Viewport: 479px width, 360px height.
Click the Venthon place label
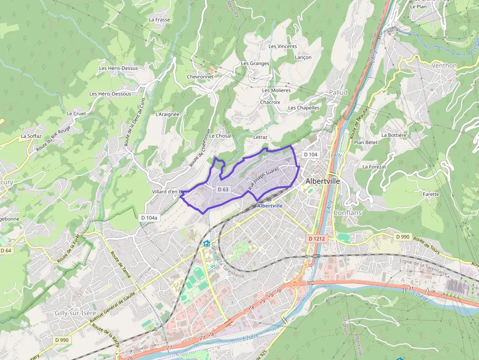(x=444, y=65)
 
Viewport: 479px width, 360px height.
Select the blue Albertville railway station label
(x=270, y=206)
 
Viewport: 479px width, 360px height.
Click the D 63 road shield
(x=223, y=189)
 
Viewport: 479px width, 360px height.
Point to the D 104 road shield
(x=310, y=154)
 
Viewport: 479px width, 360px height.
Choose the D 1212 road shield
(x=317, y=238)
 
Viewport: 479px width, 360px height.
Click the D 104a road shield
(x=149, y=217)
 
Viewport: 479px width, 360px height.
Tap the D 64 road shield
(x=5, y=251)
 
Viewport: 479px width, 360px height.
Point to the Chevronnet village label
(x=200, y=77)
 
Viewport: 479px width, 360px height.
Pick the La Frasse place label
(x=159, y=20)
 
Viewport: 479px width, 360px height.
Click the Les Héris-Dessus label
(x=118, y=68)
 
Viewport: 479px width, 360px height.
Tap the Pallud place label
(x=338, y=92)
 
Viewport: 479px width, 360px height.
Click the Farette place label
(x=431, y=194)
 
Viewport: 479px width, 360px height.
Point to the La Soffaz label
(x=31, y=136)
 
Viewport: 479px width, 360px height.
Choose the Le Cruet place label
(x=76, y=113)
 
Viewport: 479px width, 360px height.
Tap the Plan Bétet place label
(x=366, y=142)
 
